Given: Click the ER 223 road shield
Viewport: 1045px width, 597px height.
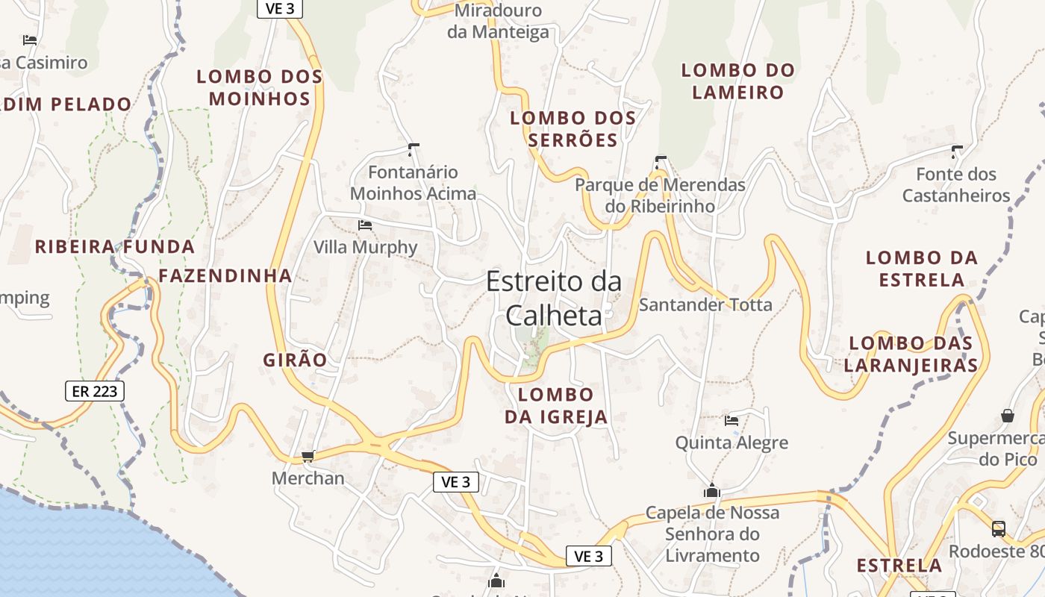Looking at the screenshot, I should (x=95, y=390).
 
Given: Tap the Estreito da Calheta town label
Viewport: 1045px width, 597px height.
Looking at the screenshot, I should (x=554, y=298).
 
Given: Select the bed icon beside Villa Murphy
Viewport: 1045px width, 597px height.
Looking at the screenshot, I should (x=365, y=225).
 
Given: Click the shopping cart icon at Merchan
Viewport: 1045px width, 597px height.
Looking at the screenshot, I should (x=308, y=456).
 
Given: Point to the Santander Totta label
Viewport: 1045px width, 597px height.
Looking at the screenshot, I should (x=705, y=304).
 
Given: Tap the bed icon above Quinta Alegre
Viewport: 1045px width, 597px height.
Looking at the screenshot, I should (x=731, y=421).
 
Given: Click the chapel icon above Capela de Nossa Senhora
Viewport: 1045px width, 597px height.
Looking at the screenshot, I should (x=712, y=491).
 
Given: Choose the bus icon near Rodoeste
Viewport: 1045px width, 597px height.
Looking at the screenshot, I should (x=999, y=528).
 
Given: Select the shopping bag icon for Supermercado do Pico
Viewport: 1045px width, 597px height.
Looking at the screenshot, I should (x=1008, y=415).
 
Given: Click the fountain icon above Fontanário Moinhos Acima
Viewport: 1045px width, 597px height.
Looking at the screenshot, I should (x=414, y=149).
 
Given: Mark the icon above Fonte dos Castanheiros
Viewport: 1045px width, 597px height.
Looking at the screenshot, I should (x=956, y=151).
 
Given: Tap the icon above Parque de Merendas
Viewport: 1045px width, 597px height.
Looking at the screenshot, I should (x=660, y=161).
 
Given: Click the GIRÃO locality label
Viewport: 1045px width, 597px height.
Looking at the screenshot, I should (x=295, y=360).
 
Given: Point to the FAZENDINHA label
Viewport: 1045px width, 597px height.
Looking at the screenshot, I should (x=225, y=275).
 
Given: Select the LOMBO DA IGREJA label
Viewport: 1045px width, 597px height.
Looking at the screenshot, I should (x=556, y=405).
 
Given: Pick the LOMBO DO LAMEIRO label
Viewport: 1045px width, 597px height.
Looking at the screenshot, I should (x=738, y=81).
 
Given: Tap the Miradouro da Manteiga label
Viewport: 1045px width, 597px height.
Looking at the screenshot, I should (x=498, y=21).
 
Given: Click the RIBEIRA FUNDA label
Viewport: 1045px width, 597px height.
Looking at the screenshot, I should (x=115, y=246).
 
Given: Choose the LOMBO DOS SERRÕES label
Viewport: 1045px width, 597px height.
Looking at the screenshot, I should (x=573, y=128).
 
